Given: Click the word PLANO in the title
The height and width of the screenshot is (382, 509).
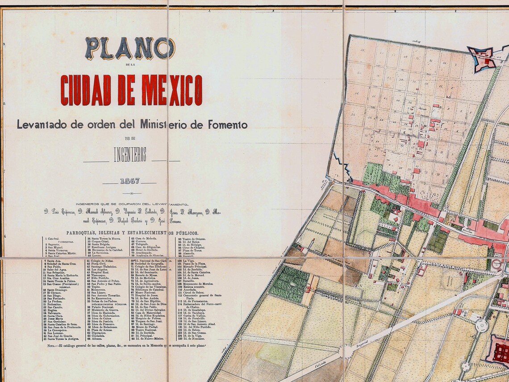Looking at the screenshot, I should coord(129,48).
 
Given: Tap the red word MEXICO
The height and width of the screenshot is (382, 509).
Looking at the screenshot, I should coord(172,90).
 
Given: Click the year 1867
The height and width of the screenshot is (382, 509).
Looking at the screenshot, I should coord(129,181).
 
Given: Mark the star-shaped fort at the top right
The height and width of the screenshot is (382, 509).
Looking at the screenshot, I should coord(482,58).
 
